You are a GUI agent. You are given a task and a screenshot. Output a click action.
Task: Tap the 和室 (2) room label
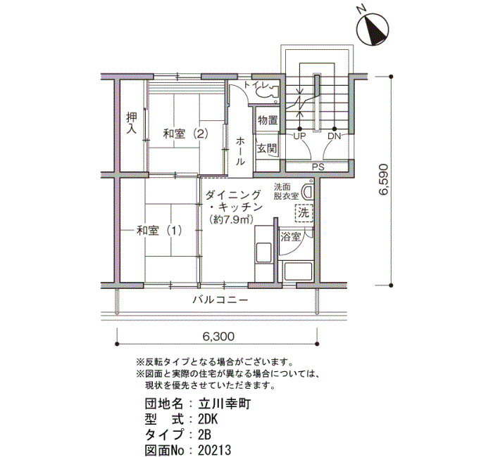185,134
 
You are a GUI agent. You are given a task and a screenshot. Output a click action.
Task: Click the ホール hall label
240,151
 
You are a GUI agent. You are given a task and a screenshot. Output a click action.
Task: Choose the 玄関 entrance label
266,148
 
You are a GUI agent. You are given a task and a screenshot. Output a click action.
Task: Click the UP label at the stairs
299,135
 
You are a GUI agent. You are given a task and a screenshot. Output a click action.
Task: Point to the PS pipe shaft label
318,167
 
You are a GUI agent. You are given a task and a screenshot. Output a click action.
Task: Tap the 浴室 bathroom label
290,236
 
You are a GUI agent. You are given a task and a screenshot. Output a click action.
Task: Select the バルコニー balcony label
220,300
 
